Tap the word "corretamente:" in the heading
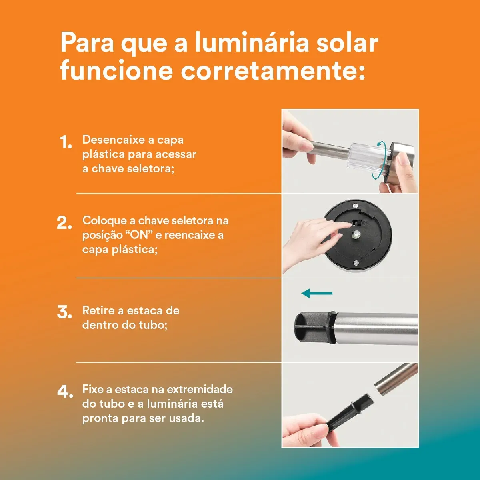[x=273, y=70]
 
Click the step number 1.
[x=66, y=142]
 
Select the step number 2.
[x=64, y=222]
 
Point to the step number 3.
[x=64, y=312]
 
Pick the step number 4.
[x=65, y=392]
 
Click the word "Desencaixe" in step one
[x=114, y=140]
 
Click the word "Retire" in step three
[x=99, y=311]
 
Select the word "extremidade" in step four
[x=200, y=389]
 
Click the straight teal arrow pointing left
[x=317, y=293]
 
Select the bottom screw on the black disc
[x=356, y=262]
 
